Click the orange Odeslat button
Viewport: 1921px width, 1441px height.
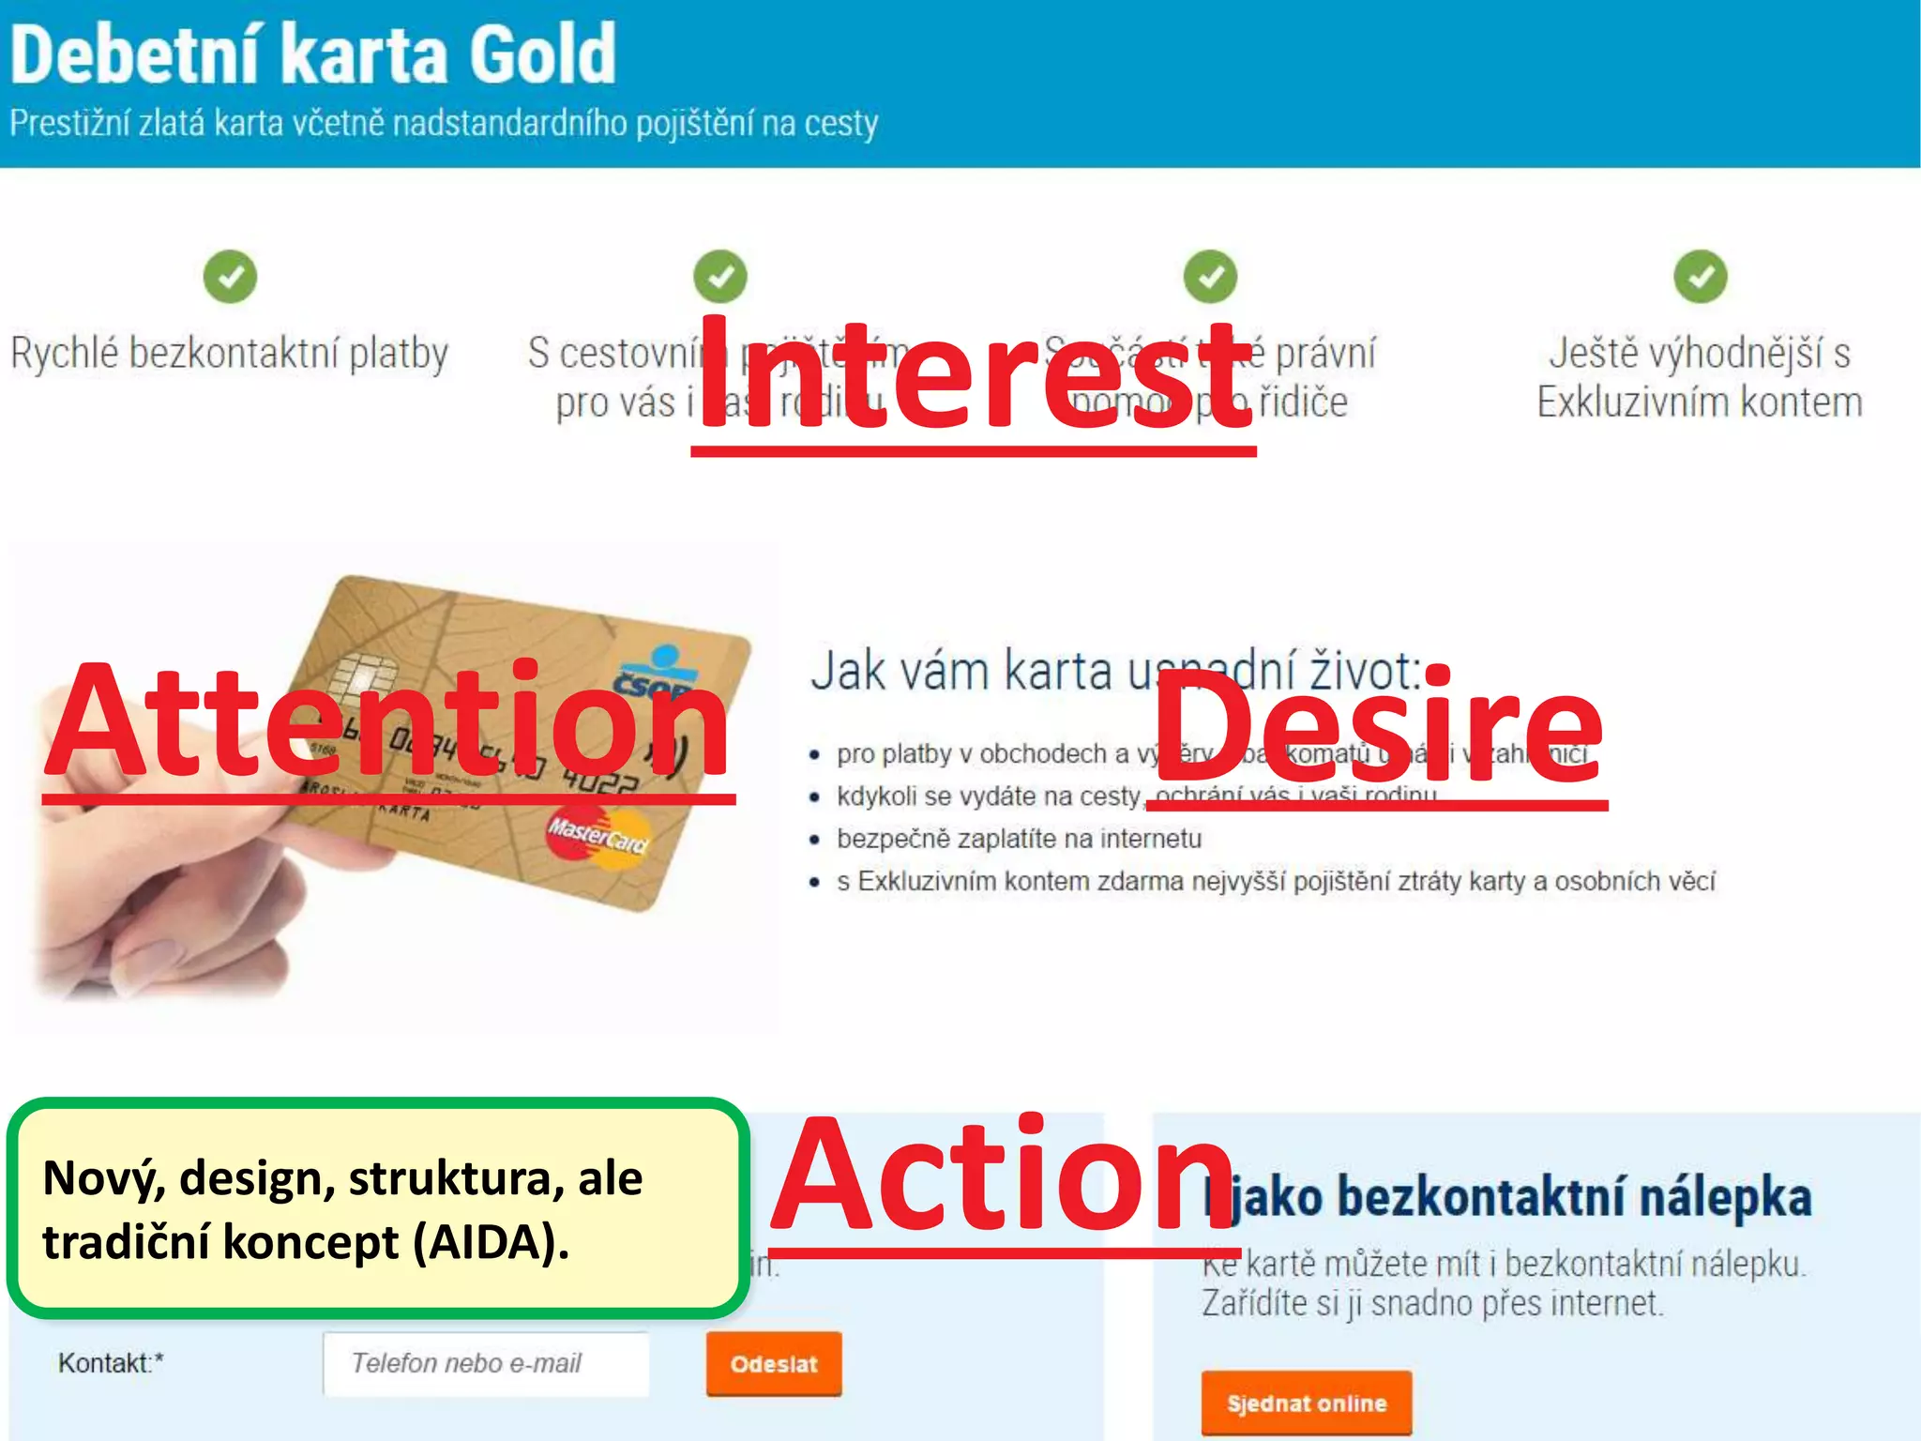774,1364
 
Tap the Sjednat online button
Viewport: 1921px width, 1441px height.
1306,1403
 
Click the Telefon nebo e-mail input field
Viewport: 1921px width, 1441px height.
486,1363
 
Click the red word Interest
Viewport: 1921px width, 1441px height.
974,375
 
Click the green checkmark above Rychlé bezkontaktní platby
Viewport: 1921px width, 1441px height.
230,277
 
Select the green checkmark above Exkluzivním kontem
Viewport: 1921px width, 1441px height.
1700,277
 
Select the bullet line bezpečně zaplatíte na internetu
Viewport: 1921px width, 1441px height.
1019,838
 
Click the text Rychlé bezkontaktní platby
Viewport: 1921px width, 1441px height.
230,354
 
